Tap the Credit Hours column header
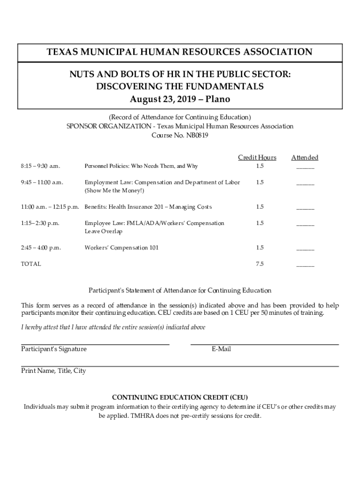tap(257, 158)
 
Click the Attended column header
tap(305, 158)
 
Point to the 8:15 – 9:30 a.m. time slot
tap(41, 166)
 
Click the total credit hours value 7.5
tap(259, 264)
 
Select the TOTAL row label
tap(31, 264)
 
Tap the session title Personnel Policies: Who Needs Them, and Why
tap(141, 166)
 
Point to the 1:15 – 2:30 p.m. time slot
tap(40, 223)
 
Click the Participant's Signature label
tap(54, 349)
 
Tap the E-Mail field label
tap(221, 349)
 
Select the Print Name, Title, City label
tap(54, 371)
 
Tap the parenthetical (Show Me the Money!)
tap(115, 190)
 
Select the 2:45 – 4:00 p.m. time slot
tap(41, 247)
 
